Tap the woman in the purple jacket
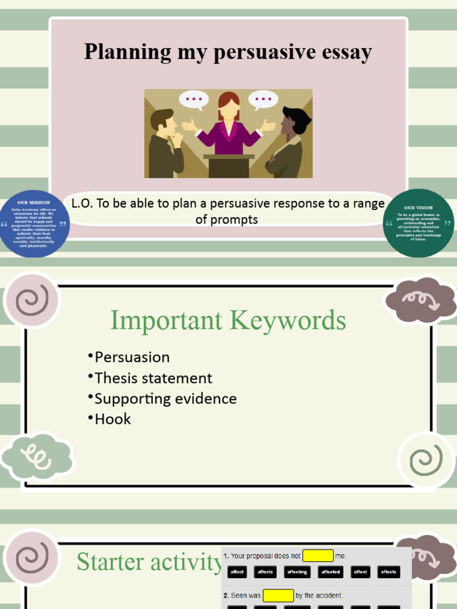click(x=228, y=128)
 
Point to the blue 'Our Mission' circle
click(x=35, y=224)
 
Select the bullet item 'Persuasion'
click(x=132, y=357)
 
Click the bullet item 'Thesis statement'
click(x=153, y=378)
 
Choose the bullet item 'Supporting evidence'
click(x=165, y=398)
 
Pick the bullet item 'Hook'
click(x=112, y=419)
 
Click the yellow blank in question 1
click(x=318, y=556)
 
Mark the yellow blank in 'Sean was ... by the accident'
click(x=278, y=595)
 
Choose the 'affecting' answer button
click(x=297, y=572)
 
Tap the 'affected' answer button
click(x=330, y=572)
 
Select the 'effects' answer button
click(x=389, y=572)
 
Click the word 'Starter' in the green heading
click(x=110, y=562)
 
